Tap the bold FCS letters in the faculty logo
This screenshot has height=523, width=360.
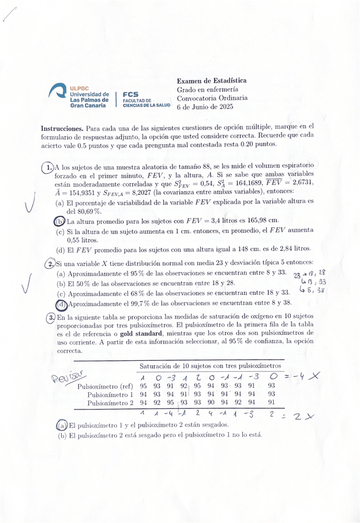tap(131, 94)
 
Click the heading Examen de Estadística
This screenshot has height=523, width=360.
tap(211, 81)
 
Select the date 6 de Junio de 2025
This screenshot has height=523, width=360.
tap(205, 107)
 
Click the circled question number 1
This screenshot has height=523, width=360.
tap(48, 167)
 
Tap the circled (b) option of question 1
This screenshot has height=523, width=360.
tap(59, 221)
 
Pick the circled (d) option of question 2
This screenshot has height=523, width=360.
tap(61, 304)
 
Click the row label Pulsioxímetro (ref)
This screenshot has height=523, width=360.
tap(105, 386)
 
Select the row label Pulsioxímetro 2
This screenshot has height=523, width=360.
tap(110, 403)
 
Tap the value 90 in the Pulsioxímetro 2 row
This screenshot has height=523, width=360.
tap(209, 403)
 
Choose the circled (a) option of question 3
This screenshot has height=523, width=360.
tap(61, 425)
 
